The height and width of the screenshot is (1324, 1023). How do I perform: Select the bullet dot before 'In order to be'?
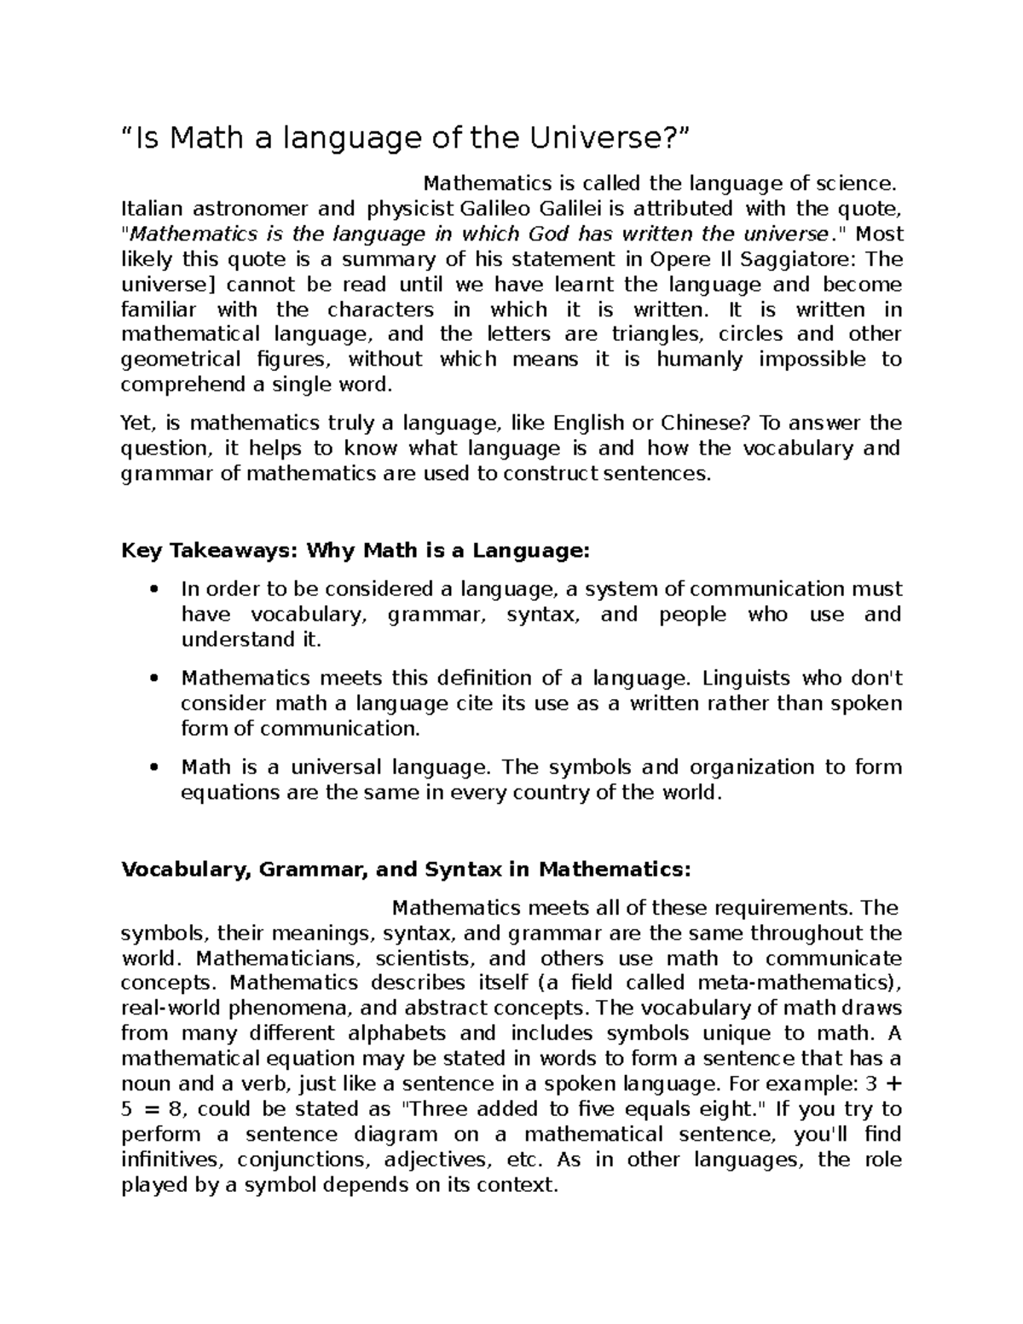point(153,590)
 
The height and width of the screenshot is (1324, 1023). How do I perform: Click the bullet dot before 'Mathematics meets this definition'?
point(153,679)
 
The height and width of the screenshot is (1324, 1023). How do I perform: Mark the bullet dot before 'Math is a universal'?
point(153,768)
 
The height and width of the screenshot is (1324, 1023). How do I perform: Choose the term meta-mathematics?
point(795,983)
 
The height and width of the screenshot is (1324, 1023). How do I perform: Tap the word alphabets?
point(394,1034)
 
